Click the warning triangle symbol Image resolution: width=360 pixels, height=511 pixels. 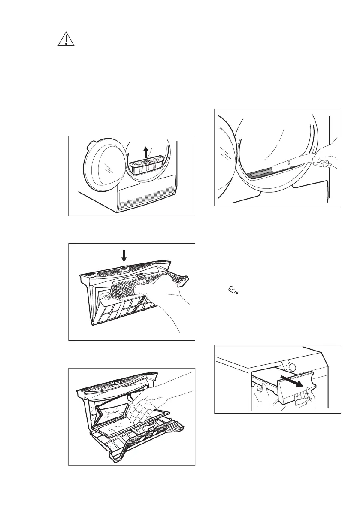click(x=66, y=39)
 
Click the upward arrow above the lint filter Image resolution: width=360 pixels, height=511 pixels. click(x=147, y=152)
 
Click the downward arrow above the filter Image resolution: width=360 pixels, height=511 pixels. click(x=124, y=256)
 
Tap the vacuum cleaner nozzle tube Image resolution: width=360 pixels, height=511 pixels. click(x=292, y=165)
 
